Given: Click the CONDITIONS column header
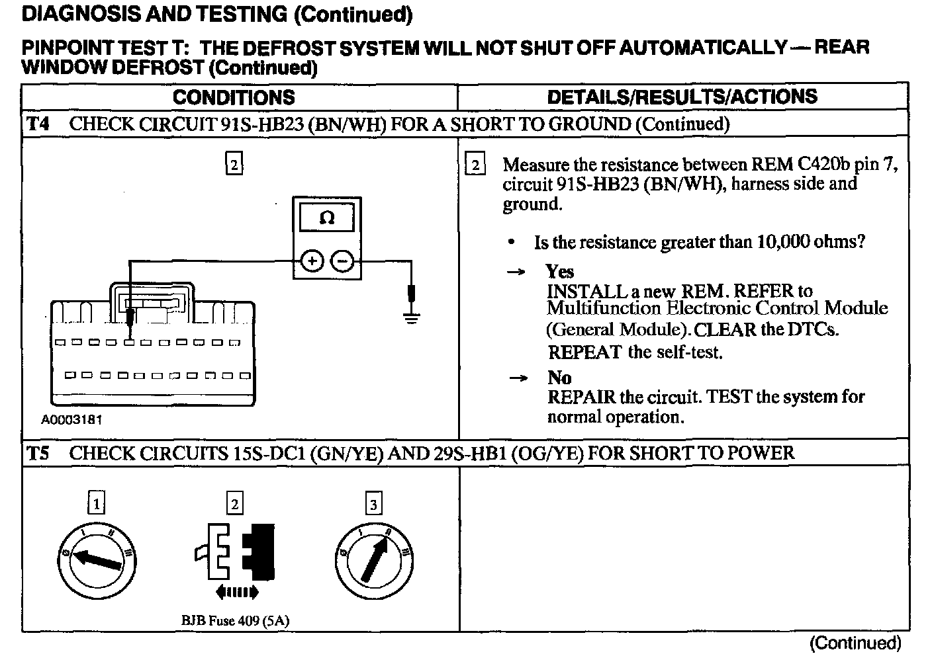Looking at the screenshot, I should pyautogui.click(x=234, y=97).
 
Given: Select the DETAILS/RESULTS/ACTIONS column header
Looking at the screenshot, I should pyautogui.click(x=682, y=97).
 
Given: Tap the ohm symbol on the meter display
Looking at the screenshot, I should pyautogui.click(x=327, y=218).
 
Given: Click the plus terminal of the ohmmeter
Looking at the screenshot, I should pyautogui.click(x=312, y=261).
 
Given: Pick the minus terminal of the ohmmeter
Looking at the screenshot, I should pyautogui.click(x=342, y=261).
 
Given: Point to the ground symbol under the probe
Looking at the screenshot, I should pyautogui.click(x=412, y=318).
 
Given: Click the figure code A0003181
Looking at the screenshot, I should pyautogui.click(x=71, y=420).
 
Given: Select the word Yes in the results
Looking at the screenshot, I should pyautogui.click(x=560, y=271).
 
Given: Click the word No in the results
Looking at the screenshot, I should pyautogui.click(x=559, y=377).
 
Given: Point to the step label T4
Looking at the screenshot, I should pyautogui.click(x=38, y=124).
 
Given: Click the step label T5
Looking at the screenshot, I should pyautogui.click(x=38, y=453).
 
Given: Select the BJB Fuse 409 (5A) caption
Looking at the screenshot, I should pyautogui.click(x=235, y=620).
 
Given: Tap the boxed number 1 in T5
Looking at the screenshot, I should pyautogui.click(x=97, y=505).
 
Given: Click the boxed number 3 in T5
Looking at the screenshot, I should pyautogui.click(x=374, y=505).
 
